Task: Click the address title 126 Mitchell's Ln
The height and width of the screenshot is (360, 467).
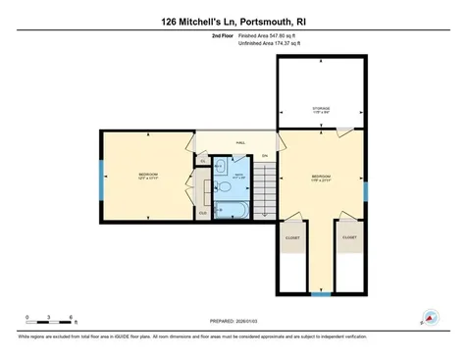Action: click(x=233, y=20)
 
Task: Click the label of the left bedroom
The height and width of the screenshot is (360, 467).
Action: click(x=148, y=176)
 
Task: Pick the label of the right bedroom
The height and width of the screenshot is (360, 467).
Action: click(x=322, y=178)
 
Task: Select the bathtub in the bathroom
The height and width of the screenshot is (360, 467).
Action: click(x=232, y=210)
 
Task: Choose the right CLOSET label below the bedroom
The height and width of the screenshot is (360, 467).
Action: click(x=349, y=236)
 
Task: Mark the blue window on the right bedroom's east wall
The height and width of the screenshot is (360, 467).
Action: click(x=365, y=189)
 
